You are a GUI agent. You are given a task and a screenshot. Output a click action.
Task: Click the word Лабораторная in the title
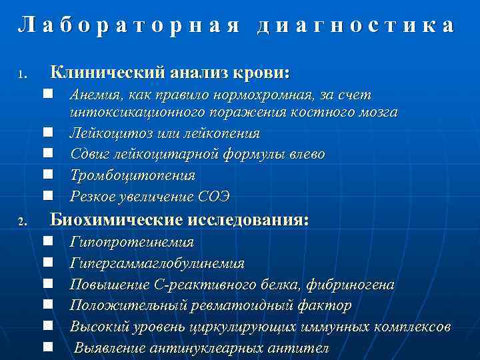click(127, 25)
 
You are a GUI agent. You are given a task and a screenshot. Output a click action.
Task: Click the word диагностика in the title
click(357, 25)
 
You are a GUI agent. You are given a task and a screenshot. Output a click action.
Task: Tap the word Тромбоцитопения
click(133, 175)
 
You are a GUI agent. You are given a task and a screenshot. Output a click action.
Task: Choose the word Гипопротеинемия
click(131, 242)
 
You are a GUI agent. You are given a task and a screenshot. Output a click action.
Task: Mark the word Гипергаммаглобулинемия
click(157, 263)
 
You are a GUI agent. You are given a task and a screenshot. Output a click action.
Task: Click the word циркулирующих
click(226, 327)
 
